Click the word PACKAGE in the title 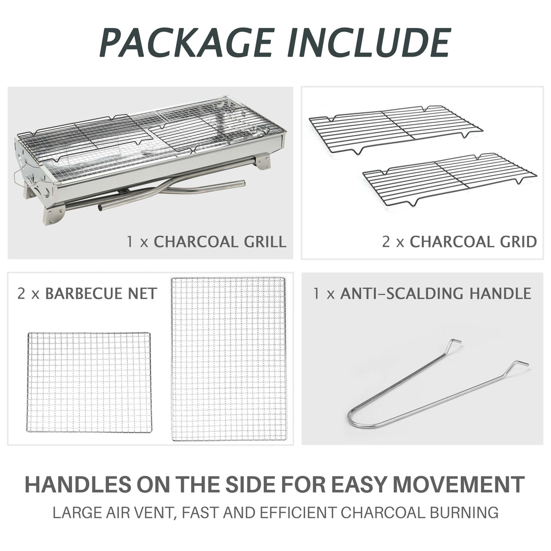click(187, 42)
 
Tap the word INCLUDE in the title click(369, 42)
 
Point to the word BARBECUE click(84, 294)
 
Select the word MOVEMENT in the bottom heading click(458, 485)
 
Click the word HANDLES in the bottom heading click(78, 485)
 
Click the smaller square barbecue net click(89, 382)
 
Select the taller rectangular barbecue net click(229, 359)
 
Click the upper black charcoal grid click(396, 129)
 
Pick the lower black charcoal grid click(449, 179)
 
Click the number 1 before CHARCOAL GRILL click(130, 242)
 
